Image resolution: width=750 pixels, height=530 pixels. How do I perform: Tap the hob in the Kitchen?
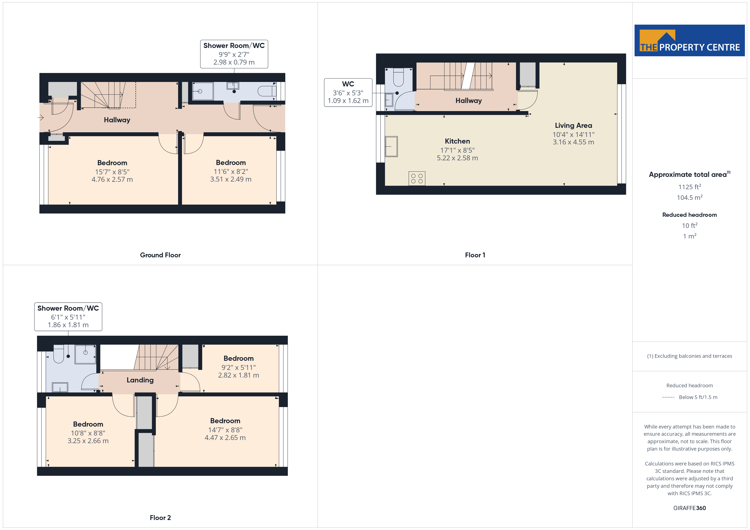click(x=417, y=179)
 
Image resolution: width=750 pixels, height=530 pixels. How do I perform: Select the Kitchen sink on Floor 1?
click(x=391, y=147)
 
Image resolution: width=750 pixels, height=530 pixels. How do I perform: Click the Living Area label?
click(x=573, y=125)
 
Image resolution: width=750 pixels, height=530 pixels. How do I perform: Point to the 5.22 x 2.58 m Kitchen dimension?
click(x=457, y=158)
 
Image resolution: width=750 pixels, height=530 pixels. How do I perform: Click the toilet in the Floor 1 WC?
click(x=399, y=77)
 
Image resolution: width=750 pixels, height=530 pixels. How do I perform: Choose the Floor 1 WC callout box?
click(x=348, y=92)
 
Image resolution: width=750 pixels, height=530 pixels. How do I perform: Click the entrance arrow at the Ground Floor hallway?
click(x=41, y=117)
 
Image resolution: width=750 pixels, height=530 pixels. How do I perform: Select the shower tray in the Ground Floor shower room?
click(x=203, y=91)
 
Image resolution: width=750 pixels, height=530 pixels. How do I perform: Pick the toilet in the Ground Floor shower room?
click(x=267, y=91)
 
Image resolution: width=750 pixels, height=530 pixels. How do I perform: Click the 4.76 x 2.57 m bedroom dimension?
click(x=112, y=179)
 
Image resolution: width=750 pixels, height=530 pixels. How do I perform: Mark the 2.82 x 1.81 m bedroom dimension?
click(x=239, y=375)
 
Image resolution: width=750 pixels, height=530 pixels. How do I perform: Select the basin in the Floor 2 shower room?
click(x=60, y=387)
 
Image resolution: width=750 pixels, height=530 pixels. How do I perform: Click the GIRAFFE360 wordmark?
click(x=690, y=508)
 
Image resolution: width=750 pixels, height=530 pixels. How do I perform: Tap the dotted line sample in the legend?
click(x=668, y=397)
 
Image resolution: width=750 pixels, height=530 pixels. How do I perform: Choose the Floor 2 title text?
click(x=160, y=518)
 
